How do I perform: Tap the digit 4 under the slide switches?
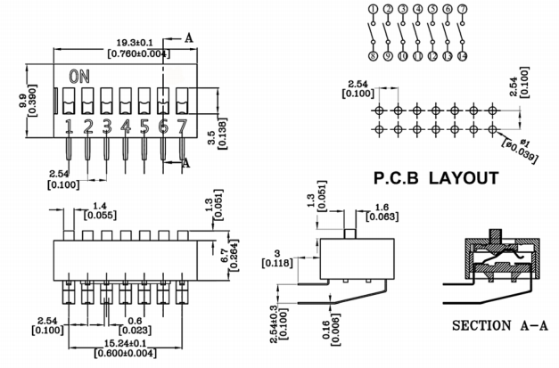[x=126, y=126]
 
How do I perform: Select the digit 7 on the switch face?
[x=182, y=126]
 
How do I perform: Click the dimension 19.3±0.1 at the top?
[x=134, y=41]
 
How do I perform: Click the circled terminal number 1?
[x=373, y=10]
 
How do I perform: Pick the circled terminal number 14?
[x=462, y=55]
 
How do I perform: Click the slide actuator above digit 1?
[x=69, y=101]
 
